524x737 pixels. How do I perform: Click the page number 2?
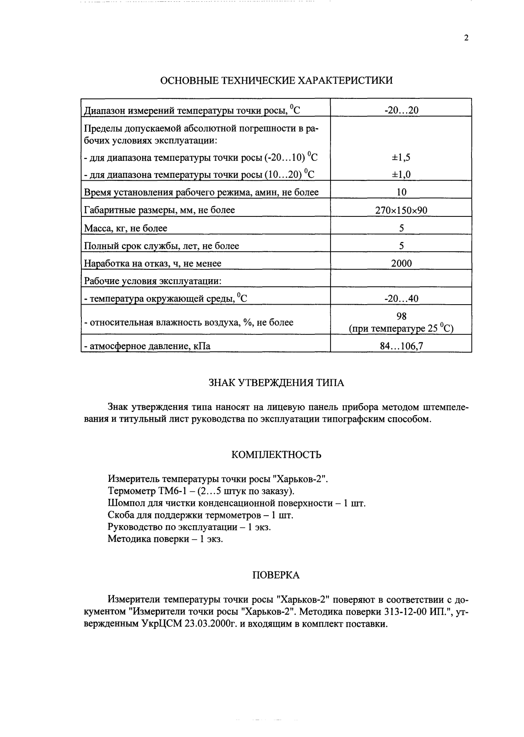click(466, 38)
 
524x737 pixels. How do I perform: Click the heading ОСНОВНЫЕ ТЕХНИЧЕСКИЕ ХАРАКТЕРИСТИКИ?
click(276, 81)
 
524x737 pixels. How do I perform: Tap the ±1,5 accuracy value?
click(401, 157)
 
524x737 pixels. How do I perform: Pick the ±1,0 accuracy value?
click(401, 174)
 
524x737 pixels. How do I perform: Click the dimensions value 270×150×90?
click(401, 210)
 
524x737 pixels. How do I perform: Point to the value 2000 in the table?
click(401, 263)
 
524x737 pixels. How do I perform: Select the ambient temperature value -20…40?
click(401, 298)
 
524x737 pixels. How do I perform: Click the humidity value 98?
click(401, 316)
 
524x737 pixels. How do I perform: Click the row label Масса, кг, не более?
click(126, 228)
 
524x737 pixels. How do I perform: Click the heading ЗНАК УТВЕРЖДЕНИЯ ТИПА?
click(276, 383)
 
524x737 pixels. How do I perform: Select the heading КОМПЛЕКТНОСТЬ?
click(276, 455)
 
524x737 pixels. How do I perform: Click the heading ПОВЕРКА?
click(276, 575)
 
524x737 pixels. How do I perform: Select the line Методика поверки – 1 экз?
click(165, 539)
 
